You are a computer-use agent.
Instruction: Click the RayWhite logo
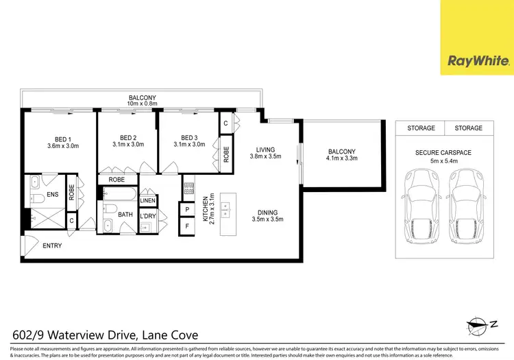477,60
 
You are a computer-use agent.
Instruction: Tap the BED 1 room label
63,136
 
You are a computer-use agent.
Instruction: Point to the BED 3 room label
189,136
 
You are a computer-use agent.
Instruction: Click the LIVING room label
265,149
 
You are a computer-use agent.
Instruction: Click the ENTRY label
53,245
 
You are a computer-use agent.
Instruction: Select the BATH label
125,215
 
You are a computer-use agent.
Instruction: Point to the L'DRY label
148,217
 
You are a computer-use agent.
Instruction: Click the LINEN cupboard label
148,201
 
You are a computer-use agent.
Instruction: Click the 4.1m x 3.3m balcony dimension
343,158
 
